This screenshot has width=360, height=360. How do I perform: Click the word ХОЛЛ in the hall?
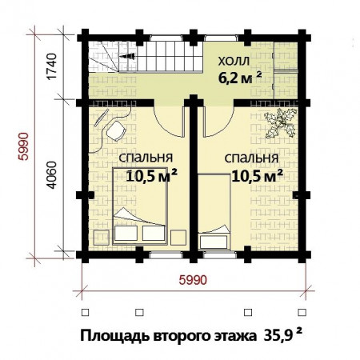tap(235, 62)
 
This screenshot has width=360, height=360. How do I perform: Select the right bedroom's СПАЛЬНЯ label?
tap(251, 158)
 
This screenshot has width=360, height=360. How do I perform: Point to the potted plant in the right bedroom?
tap(282, 122)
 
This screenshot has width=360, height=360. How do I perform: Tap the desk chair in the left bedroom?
tap(117, 131)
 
